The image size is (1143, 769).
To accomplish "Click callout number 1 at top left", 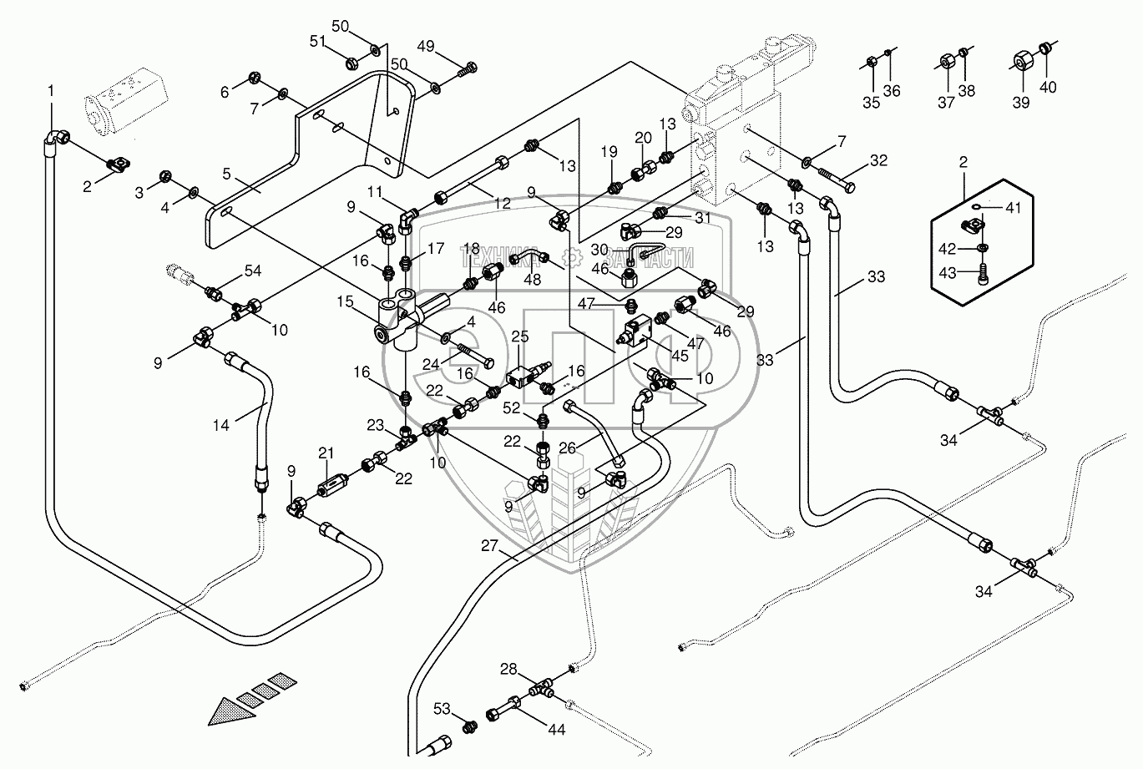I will [51, 90].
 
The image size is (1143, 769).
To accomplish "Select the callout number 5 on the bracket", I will [226, 175].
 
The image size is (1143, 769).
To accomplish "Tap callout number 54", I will [253, 271].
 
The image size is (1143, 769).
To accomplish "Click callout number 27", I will [488, 546].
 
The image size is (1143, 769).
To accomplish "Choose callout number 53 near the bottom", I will [443, 710].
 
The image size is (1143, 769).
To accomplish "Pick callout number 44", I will [555, 729].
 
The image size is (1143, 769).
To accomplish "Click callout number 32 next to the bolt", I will [879, 160].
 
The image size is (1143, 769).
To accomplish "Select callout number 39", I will [1020, 102].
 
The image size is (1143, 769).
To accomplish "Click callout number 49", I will [426, 46].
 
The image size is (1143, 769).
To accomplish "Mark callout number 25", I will [520, 336].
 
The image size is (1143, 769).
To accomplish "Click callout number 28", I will [508, 669].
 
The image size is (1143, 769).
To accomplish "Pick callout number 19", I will [609, 152].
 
